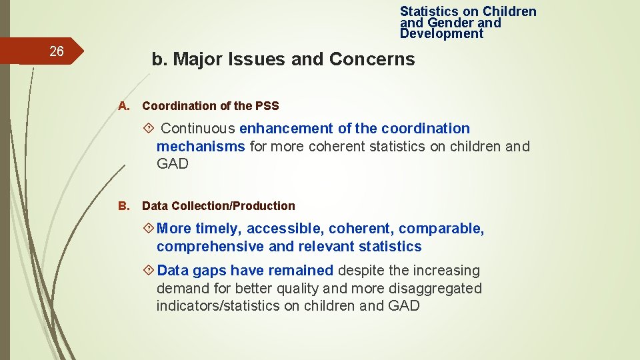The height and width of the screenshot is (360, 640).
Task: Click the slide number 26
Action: pyautogui.click(x=57, y=52)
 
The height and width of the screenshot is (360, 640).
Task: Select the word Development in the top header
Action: pyautogui.click(x=441, y=34)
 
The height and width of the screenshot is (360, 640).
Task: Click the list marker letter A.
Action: pyautogui.click(x=123, y=106)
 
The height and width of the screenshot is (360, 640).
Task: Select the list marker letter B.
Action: pyautogui.click(x=123, y=206)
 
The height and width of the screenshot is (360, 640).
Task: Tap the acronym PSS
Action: pyautogui.click(x=267, y=106)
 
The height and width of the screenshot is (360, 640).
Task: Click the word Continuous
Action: pyautogui.click(x=198, y=129)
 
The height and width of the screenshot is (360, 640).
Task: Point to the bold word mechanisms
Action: pyautogui.click(x=201, y=147)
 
